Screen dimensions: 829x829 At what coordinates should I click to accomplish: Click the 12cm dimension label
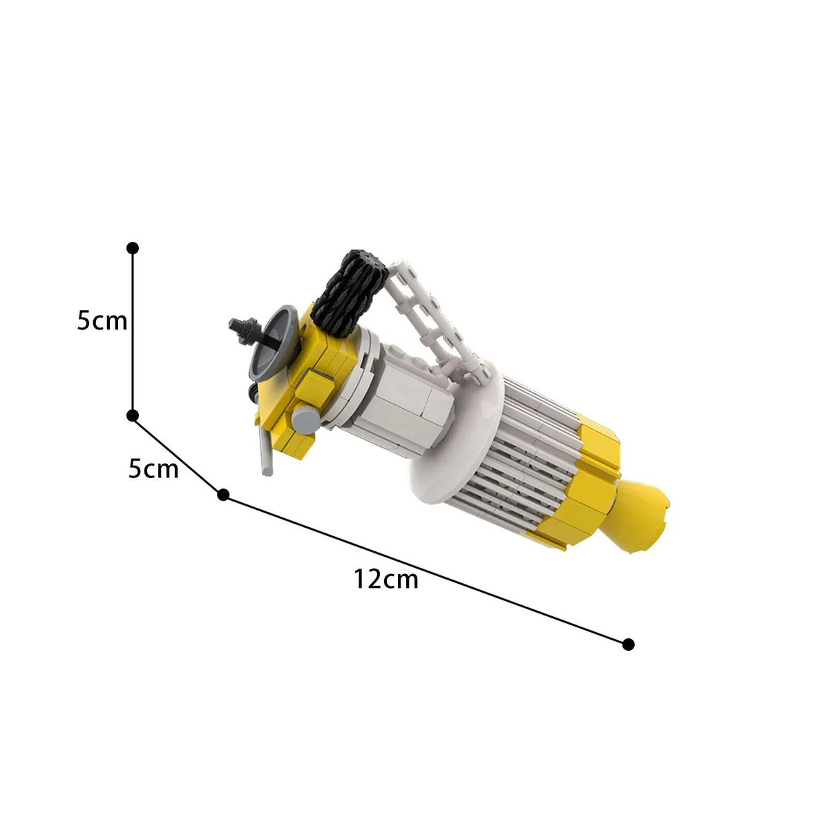385,579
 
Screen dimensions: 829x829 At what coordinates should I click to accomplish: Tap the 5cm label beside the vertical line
102,321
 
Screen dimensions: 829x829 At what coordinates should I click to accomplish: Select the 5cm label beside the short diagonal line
153,468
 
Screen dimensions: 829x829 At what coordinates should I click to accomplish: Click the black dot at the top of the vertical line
133,248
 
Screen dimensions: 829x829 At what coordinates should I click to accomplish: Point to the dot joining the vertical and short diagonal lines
133,416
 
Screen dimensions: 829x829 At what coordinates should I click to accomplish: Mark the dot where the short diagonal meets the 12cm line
223,495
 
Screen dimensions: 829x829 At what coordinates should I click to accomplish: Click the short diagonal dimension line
178,455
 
